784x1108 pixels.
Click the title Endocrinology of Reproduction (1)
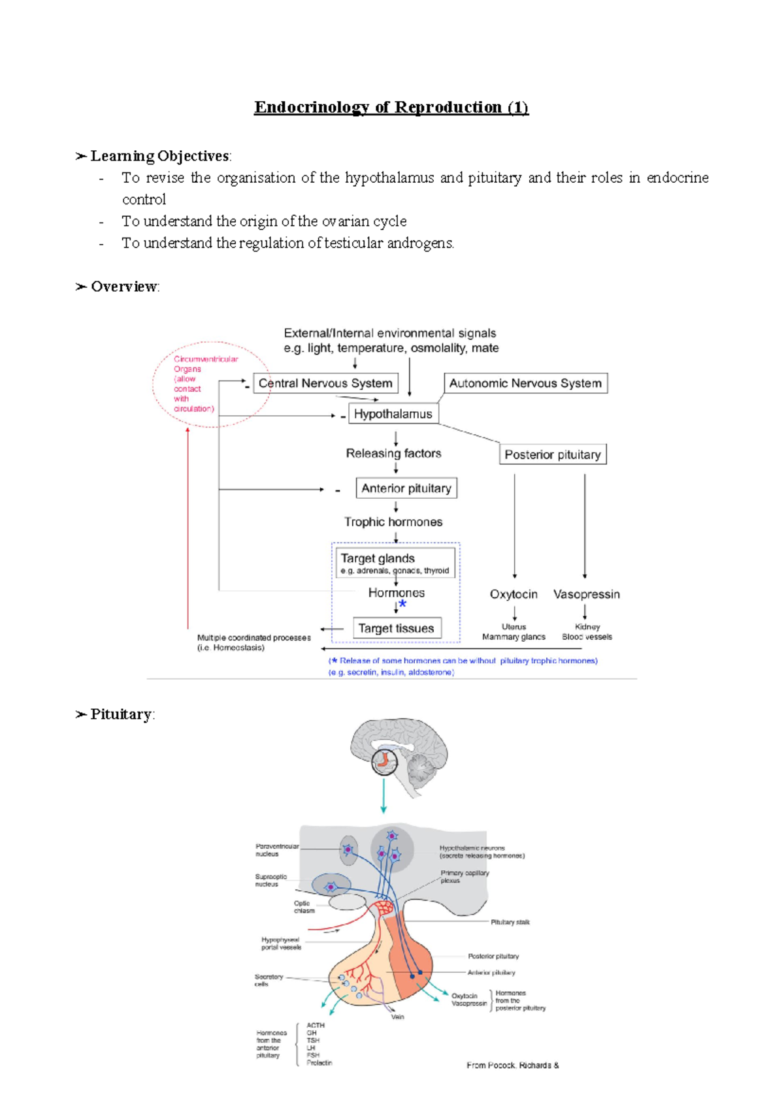click(x=391, y=107)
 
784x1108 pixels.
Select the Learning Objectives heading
click(x=160, y=156)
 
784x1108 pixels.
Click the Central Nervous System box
click(x=325, y=383)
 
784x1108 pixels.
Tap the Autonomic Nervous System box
click(x=525, y=383)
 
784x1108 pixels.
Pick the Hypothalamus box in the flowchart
click(x=393, y=414)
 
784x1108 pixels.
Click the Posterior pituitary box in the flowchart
click(x=552, y=454)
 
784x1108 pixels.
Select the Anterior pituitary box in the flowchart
click(x=406, y=488)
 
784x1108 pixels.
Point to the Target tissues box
click(x=396, y=628)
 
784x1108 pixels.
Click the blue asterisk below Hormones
click(x=402, y=605)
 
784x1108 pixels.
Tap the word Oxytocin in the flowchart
click(x=514, y=594)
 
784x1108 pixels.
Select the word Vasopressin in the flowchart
click(x=586, y=594)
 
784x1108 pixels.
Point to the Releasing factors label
click(x=393, y=453)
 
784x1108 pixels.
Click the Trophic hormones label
click(x=393, y=522)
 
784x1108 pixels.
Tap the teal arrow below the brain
click(x=384, y=797)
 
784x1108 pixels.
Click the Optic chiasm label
click(x=304, y=907)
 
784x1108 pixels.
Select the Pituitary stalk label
click(x=510, y=922)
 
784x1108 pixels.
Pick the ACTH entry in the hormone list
click(x=316, y=1025)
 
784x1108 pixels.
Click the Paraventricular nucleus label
click(x=276, y=849)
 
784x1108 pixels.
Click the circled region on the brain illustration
click(x=384, y=761)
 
